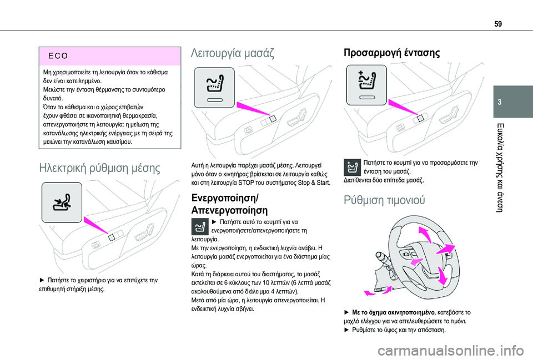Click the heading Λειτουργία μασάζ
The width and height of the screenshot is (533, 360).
[x=232, y=54]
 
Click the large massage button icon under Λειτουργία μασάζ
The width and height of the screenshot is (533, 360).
[x=214, y=87]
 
